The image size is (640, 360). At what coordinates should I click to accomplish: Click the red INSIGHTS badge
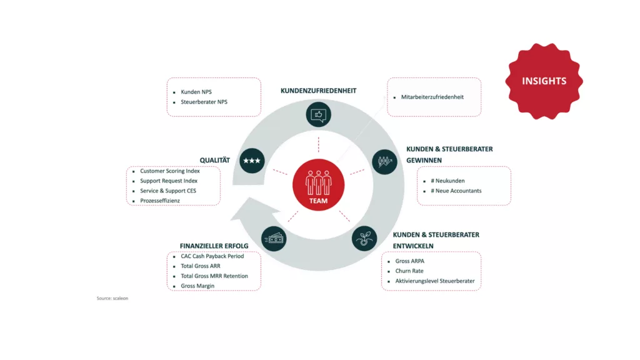click(x=544, y=81)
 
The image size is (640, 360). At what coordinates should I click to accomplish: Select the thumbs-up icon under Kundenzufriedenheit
click(x=319, y=115)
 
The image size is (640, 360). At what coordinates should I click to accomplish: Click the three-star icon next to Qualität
click(x=252, y=161)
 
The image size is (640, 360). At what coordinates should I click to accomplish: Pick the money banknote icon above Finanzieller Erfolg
click(x=274, y=238)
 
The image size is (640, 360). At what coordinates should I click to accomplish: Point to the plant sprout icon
click(x=364, y=238)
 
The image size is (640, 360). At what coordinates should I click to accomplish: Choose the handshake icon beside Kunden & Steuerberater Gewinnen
click(x=384, y=161)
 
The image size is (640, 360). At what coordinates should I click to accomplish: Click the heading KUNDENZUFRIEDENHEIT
click(x=318, y=91)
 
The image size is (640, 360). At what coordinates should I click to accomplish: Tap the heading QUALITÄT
click(x=215, y=160)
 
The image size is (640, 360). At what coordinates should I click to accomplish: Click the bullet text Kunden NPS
click(x=196, y=92)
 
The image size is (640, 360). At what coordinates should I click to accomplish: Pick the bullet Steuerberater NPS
click(x=204, y=102)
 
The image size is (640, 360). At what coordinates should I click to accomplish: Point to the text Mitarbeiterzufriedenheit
click(x=432, y=97)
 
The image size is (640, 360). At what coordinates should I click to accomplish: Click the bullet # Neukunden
click(x=447, y=181)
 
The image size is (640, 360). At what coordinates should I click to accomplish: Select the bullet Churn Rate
click(x=409, y=271)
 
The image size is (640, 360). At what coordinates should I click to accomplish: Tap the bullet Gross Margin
click(x=197, y=286)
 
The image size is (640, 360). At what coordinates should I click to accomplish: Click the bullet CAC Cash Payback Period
click(x=212, y=256)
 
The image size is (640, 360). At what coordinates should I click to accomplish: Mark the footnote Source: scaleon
click(x=112, y=298)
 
